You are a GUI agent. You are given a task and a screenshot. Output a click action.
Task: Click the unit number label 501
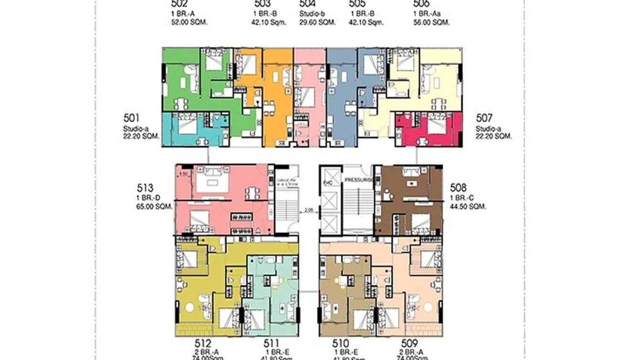(131, 118)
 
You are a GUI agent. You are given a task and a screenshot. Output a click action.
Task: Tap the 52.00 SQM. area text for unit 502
(190, 22)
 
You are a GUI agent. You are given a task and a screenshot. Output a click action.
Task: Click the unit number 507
(484, 118)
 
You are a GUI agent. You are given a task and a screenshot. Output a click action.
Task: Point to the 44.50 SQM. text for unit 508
(468, 207)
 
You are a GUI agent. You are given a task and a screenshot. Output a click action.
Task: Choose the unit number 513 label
(144, 188)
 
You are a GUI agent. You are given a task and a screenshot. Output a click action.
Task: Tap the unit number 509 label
(410, 343)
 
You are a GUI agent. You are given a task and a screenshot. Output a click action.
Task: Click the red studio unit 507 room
(428, 130)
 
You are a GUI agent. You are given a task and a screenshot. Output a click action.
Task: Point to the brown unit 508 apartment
(410, 201)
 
